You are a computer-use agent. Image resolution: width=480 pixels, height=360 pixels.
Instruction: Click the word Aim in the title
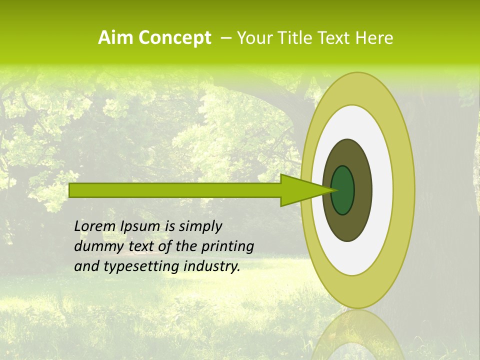pos(115,38)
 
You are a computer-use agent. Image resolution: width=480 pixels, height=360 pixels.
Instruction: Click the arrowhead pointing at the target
pos(300,190)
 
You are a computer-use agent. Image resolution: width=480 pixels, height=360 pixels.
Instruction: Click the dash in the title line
pos(225,38)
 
